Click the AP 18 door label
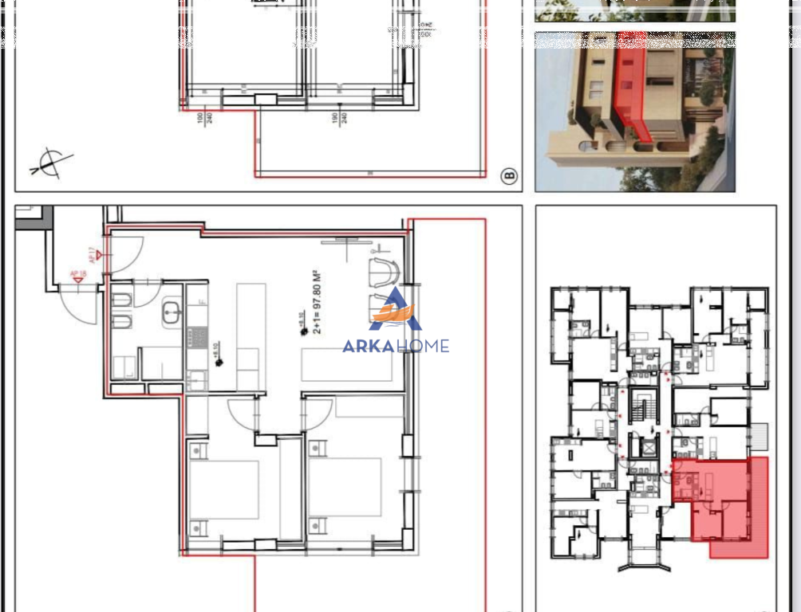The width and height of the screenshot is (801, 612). (x=78, y=275)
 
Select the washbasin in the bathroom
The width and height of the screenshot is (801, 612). (x=172, y=313)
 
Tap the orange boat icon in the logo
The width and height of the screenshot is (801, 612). (x=395, y=316)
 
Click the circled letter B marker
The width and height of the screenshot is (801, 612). (x=509, y=176)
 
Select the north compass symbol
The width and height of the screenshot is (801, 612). (x=50, y=162)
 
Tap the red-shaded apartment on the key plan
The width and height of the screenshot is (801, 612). (x=718, y=502)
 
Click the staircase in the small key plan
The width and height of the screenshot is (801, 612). (x=641, y=406)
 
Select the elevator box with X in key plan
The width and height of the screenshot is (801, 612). (x=649, y=446)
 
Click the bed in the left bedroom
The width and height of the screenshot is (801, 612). (x=224, y=489)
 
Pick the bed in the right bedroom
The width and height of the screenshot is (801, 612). (x=345, y=486)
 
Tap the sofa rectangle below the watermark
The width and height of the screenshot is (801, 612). (x=348, y=365)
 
